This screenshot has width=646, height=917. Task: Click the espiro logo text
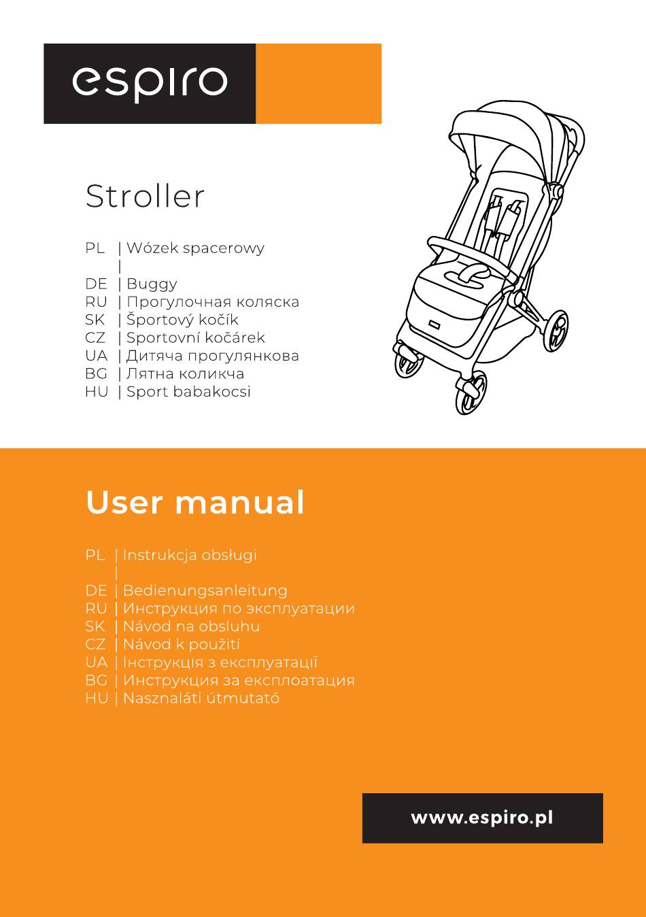(150, 84)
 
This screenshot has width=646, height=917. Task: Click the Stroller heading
(145, 197)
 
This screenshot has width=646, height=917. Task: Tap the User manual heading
(195, 502)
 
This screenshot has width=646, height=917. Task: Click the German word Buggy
(152, 284)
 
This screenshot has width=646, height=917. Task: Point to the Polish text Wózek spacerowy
(196, 248)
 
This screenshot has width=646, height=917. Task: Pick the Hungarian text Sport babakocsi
(188, 392)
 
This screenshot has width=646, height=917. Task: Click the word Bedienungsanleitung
(205, 590)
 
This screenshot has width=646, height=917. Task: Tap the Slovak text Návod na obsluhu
(192, 627)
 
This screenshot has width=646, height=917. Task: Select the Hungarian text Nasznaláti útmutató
(201, 698)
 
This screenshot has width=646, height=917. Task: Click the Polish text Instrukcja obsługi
(190, 555)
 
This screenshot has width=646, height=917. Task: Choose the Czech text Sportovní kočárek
(196, 337)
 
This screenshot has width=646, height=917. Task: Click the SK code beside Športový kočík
(95, 320)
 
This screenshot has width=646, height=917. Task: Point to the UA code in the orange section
(97, 663)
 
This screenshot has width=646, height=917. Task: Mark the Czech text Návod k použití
(182, 644)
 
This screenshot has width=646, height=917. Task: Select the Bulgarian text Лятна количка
(186, 373)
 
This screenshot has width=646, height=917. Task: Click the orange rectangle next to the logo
(319, 84)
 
